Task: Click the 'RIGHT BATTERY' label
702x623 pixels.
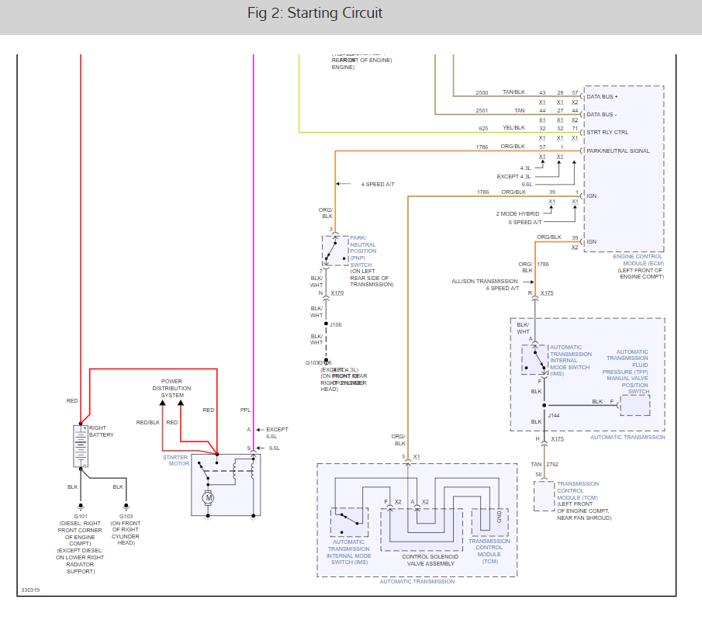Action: (x=102, y=431)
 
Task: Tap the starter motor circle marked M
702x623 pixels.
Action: (x=207, y=497)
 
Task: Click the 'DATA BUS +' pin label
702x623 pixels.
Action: (x=603, y=97)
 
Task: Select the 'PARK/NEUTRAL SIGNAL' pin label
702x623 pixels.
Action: (x=618, y=151)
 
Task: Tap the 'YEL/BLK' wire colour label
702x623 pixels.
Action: (x=513, y=128)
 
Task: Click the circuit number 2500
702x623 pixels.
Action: (x=482, y=92)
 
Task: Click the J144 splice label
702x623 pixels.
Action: (x=554, y=415)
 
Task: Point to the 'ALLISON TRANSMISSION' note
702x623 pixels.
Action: (x=486, y=281)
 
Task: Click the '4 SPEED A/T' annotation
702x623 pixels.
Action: (x=378, y=184)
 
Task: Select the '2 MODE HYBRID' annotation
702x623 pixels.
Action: (x=518, y=213)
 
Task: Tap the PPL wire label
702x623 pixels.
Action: (x=245, y=410)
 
